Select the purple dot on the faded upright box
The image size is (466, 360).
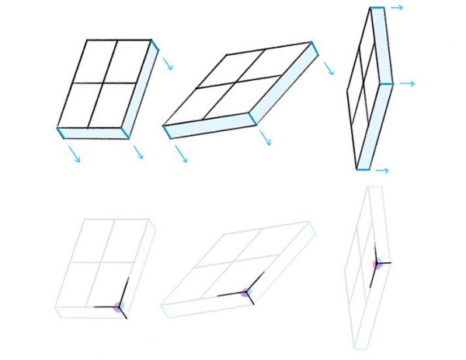coord(377,265)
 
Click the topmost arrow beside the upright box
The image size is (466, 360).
coord(396,8)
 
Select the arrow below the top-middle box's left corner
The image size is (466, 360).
coord(181,154)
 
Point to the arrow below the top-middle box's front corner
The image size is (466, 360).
coord(265,138)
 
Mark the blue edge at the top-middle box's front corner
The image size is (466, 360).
coord(252,119)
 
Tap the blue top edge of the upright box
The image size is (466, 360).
coord(377,9)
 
